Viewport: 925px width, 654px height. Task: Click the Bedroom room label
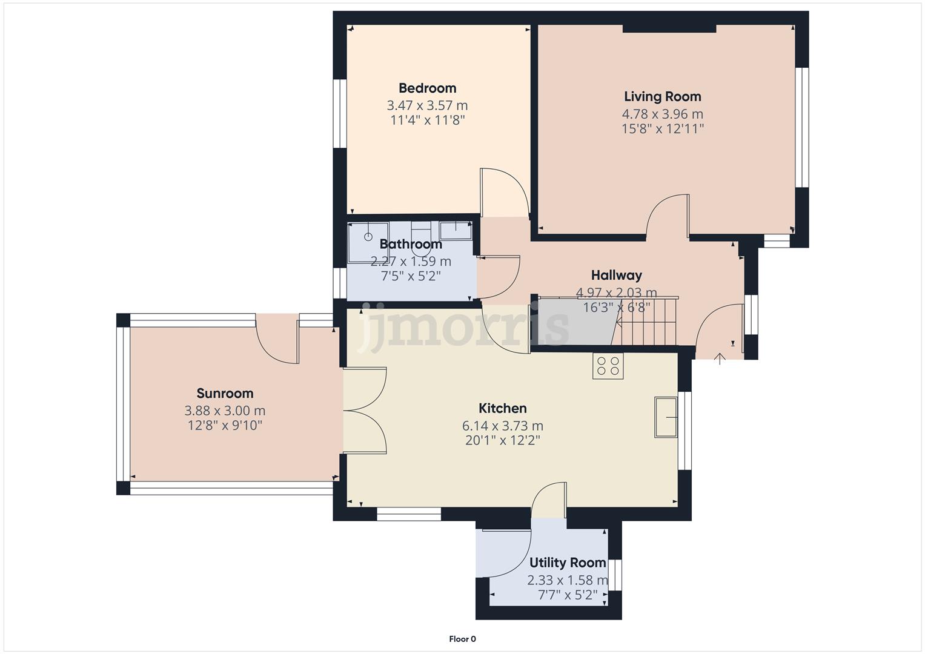click(428, 88)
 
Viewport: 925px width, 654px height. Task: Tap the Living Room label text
click(662, 97)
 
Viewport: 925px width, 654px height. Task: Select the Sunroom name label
click(225, 394)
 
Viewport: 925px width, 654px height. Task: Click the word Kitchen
click(503, 408)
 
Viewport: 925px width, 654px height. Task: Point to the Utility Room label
click(568, 563)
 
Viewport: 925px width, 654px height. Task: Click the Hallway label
click(617, 276)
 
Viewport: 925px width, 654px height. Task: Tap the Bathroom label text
click(411, 244)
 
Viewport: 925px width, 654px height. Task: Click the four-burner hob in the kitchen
click(608, 366)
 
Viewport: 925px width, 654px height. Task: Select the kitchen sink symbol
click(666, 417)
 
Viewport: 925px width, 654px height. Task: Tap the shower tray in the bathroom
click(368, 242)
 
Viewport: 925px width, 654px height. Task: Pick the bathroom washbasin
click(456, 230)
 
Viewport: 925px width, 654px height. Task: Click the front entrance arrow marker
click(720, 358)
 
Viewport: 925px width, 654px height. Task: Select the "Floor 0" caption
click(463, 639)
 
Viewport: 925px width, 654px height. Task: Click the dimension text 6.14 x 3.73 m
click(503, 426)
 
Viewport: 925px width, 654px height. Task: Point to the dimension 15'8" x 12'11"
click(662, 129)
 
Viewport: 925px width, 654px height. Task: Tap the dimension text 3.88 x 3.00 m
click(225, 411)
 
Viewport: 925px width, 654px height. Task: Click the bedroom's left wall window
click(340, 113)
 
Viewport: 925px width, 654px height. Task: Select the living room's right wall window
click(802, 127)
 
